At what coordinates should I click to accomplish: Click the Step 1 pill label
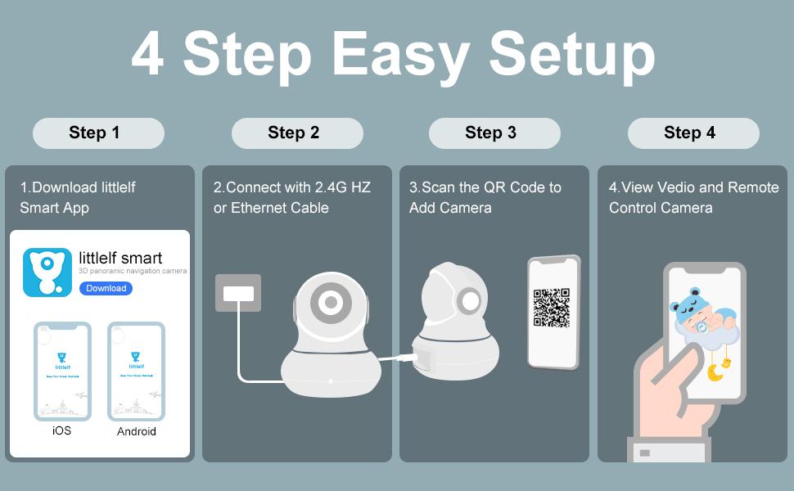coord(98,133)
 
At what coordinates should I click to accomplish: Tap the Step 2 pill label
coord(296,133)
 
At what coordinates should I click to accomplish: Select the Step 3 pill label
coord(494,133)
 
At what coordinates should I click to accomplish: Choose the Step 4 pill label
coord(692,133)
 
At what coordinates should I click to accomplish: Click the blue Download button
coord(106,288)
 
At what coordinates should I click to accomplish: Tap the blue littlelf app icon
coord(47,273)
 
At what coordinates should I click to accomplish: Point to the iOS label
coord(61,430)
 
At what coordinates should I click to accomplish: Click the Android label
coord(136,431)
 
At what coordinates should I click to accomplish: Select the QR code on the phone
coord(552,309)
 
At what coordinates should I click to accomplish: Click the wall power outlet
coord(237,293)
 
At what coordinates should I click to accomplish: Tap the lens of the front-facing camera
coord(331,303)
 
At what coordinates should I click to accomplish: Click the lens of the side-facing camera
coord(470,300)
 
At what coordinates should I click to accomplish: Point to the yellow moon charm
coord(715,372)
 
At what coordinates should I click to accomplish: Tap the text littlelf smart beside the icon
coord(120,258)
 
